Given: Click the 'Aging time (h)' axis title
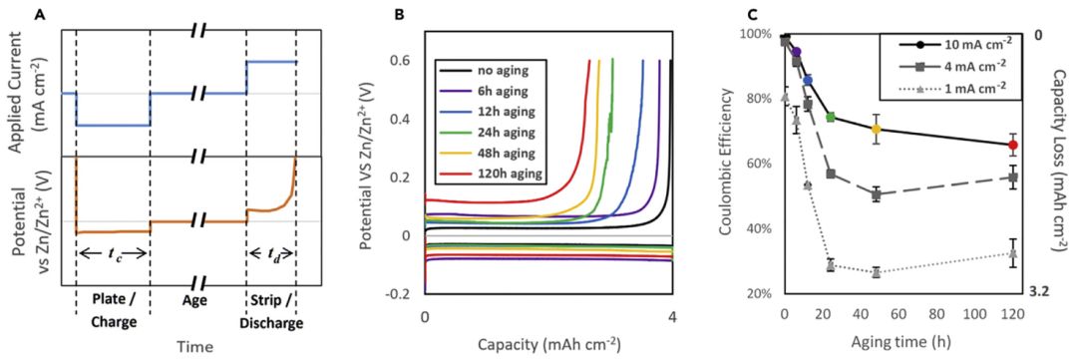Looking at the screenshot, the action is coord(897,341).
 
